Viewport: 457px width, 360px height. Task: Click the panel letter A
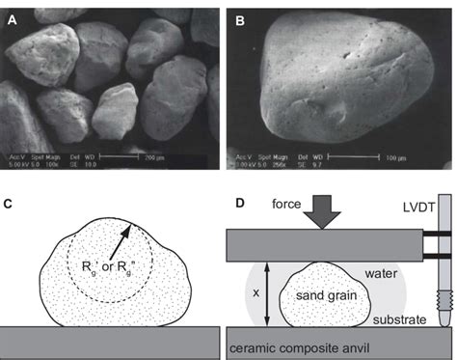click(x=13, y=16)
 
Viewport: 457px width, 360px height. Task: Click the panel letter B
click(x=238, y=16)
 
